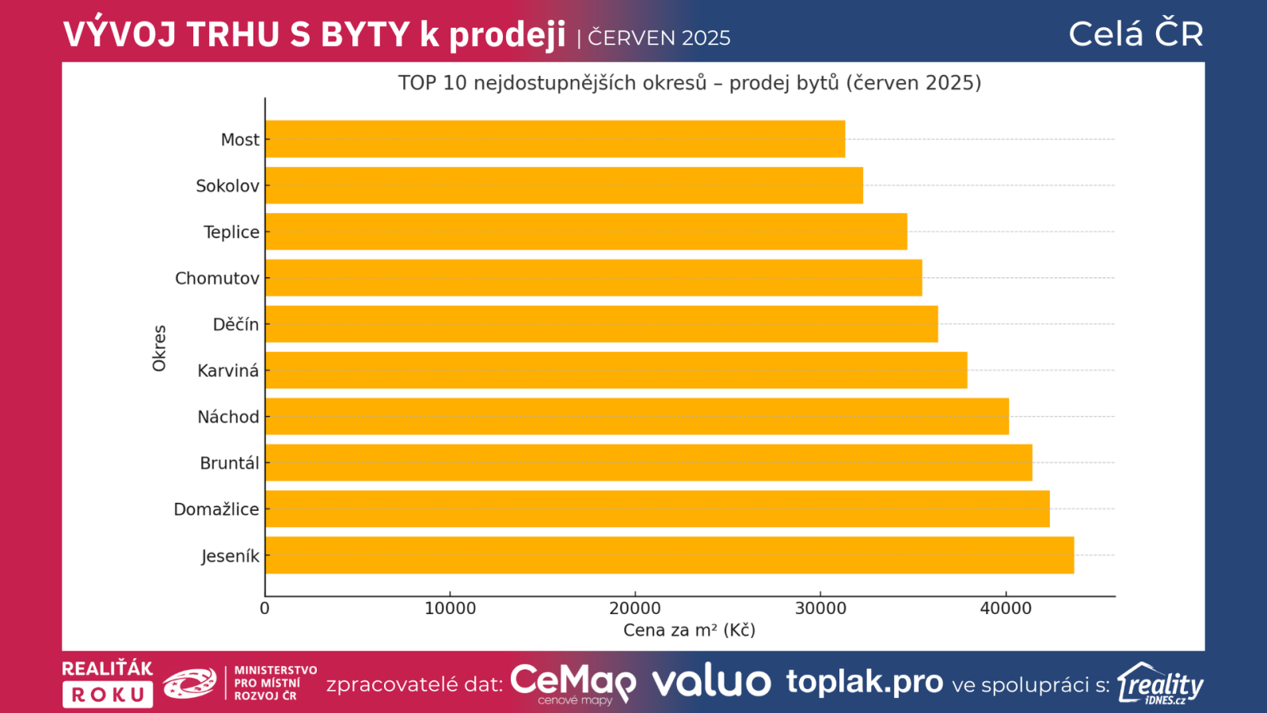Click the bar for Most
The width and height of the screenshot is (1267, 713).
click(x=555, y=139)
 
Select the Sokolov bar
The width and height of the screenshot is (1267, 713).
click(x=564, y=185)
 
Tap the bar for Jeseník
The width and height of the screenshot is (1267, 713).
click(x=669, y=555)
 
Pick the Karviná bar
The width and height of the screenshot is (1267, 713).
click(x=616, y=370)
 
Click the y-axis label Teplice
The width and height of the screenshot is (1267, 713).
click(x=231, y=232)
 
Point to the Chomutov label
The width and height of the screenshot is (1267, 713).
click(x=217, y=278)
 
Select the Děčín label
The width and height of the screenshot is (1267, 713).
click(x=235, y=324)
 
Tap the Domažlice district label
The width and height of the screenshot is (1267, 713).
click(x=216, y=509)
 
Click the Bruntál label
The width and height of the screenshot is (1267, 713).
click(x=229, y=463)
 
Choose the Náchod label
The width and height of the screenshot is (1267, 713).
click(x=228, y=417)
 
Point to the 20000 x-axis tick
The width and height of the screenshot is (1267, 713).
click(x=635, y=608)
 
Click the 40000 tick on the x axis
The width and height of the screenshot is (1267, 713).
click(x=1006, y=608)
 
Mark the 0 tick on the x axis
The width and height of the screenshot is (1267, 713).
click(x=264, y=608)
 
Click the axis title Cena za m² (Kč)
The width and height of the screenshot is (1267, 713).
click(x=689, y=630)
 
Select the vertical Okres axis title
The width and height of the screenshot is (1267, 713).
click(x=159, y=348)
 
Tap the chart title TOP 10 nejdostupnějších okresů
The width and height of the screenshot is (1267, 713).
click(x=689, y=82)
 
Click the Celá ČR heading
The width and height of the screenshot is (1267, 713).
click(x=1136, y=34)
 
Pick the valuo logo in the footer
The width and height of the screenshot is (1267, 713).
click(x=711, y=682)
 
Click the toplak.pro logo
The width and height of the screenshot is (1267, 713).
click(x=864, y=681)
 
